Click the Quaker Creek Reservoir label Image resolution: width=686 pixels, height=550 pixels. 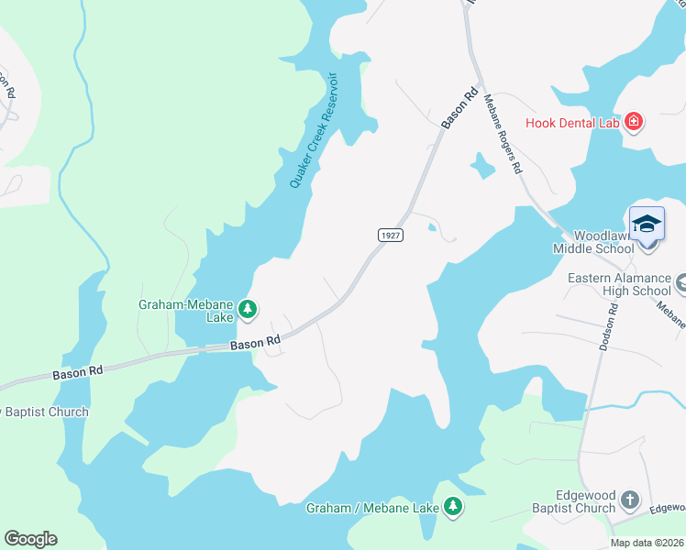314,130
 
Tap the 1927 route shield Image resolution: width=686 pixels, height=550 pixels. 390,236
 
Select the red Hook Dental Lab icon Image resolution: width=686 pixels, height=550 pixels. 633,122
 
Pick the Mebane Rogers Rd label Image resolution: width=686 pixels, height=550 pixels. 503,134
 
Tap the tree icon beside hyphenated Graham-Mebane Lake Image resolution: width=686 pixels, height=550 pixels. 247,310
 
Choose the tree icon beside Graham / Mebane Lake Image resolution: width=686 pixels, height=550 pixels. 451,506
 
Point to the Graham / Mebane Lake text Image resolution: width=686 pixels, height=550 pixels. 372,508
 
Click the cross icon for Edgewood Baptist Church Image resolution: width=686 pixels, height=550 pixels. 629,500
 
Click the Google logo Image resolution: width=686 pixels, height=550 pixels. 30,539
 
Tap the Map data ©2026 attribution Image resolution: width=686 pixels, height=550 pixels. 647,543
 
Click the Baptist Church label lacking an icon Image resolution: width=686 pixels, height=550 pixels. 44,412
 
